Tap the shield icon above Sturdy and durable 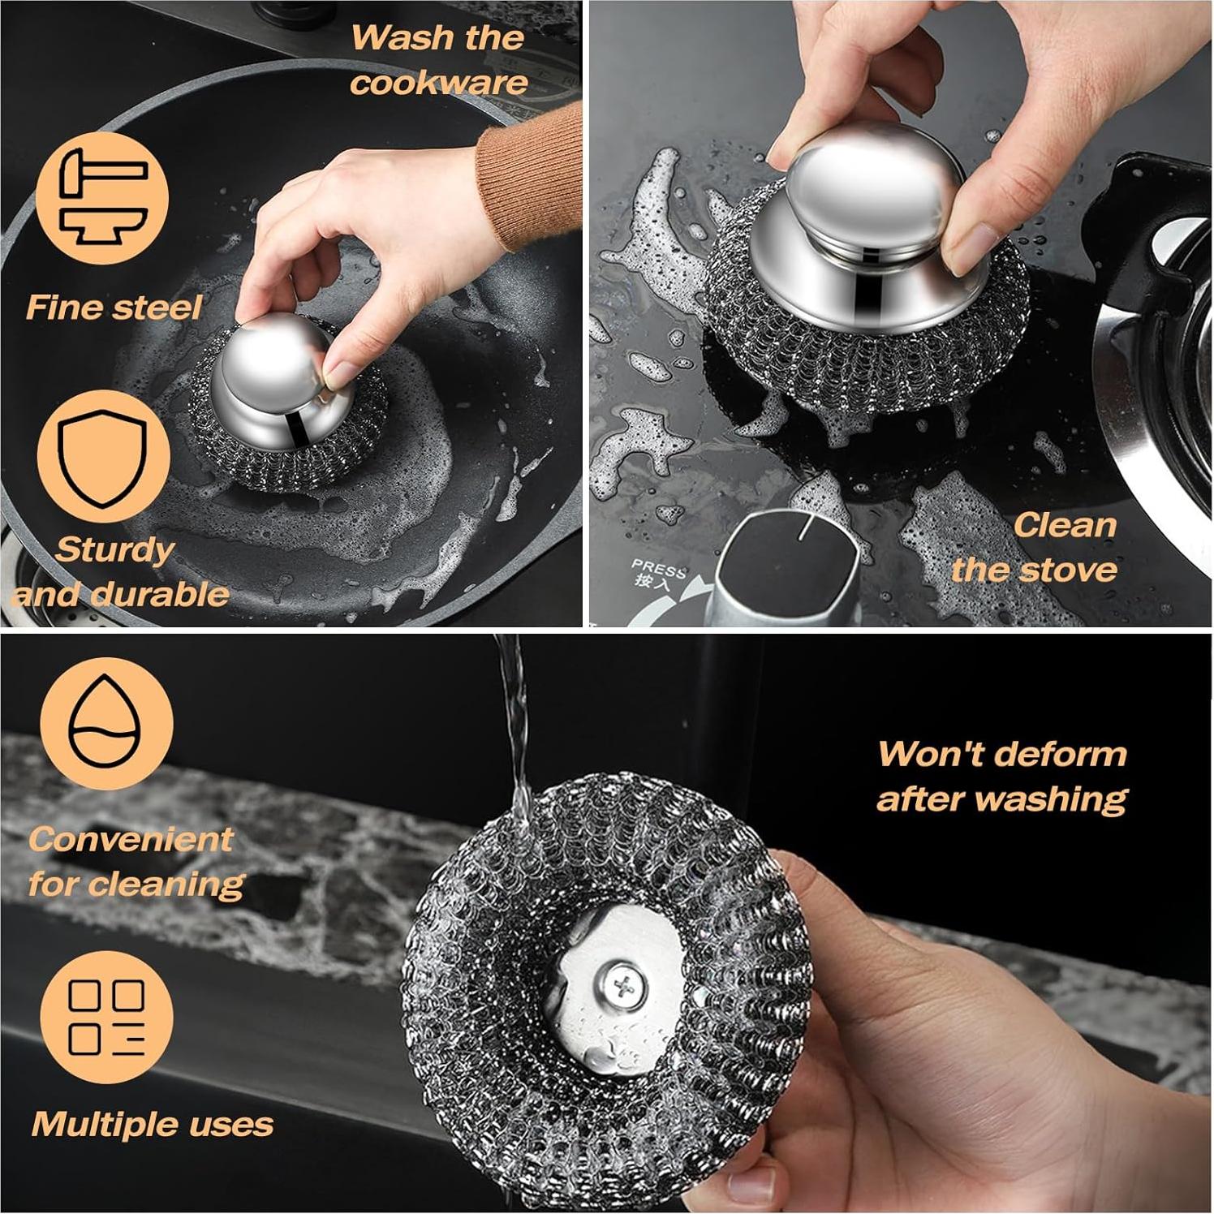click(x=103, y=457)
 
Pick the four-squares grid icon click(x=106, y=1017)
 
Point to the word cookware click(x=439, y=83)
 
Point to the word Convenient click(x=131, y=839)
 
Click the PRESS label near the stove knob click(x=658, y=566)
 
